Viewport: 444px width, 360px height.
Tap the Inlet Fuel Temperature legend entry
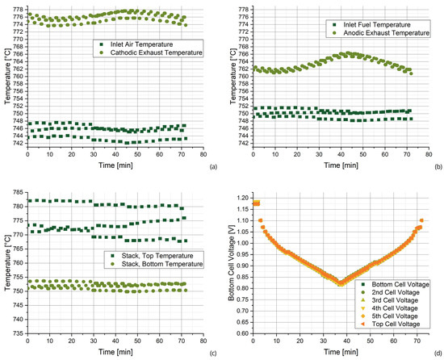click(373, 25)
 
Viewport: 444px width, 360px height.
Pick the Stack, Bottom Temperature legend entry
click(158, 264)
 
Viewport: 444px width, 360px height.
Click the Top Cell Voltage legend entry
click(392, 324)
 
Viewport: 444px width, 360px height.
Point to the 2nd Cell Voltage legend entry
click(392, 292)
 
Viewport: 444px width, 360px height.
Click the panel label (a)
click(213, 167)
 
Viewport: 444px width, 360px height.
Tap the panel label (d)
click(438, 354)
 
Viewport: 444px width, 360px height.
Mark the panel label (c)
click(213, 354)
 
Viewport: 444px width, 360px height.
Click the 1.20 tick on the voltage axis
click(244, 198)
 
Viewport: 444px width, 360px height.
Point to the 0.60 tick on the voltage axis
click(244, 333)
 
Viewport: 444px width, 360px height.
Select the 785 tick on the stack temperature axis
click(18, 192)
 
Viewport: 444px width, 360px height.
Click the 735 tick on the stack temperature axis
click(18, 333)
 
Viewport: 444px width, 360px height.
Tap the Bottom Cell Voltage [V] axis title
click(232, 268)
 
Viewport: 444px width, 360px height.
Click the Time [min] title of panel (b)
click(341, 165)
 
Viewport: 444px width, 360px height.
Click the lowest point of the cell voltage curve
click(341, 284)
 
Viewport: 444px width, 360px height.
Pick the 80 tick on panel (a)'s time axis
click(203, 154)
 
